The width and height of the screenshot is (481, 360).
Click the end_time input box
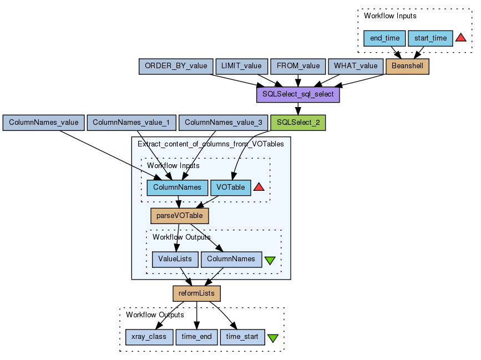pos(384,38)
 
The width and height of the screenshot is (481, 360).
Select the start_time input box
pos(431,38)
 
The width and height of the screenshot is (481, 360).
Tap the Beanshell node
pos(407,66)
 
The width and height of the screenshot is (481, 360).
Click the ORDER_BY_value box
pos(175,66)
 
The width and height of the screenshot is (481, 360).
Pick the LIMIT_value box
pos(241,66)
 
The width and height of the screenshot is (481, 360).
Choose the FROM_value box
pos(298,66)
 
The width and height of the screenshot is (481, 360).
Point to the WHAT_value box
pos(356,66)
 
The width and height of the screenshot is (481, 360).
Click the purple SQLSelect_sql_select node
pos(298,94)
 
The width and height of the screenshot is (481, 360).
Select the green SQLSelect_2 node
pos(298,123)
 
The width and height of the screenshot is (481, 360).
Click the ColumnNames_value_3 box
pos(224,123)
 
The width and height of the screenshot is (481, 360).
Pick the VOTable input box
pos(231,187)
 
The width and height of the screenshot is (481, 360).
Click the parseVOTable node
pos(179,216)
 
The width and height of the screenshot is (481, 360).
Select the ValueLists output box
pos(175,259)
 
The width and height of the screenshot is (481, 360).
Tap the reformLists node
pos(196,293)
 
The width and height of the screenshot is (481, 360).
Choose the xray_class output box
pos(149,337)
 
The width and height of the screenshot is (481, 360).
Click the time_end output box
pos(196,337)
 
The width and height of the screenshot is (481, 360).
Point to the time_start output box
pos(242,337)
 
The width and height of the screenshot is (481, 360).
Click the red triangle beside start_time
pos(461,38)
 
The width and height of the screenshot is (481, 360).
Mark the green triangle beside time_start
pos(273,337)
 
